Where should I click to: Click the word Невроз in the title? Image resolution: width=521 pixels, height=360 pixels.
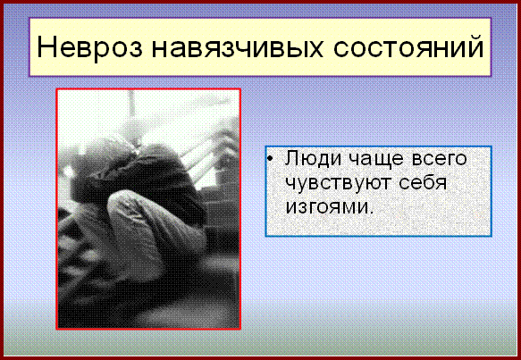(89, 46)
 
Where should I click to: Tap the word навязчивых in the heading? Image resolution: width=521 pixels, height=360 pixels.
(237, 46)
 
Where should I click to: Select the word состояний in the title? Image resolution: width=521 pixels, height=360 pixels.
(408, 46)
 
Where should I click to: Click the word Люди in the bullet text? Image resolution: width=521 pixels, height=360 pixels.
(313, 158)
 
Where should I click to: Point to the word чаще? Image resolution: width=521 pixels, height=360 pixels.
(377, 159)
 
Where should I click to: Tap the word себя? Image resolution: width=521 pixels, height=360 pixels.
(423, 181)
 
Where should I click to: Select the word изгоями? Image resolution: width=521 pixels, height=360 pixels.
(327, 206)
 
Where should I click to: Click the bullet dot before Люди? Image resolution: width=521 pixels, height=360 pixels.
(270, 159)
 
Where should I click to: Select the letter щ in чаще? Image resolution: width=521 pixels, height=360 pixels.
(382, 161)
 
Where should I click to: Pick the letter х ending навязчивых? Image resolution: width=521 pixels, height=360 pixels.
(314, 49)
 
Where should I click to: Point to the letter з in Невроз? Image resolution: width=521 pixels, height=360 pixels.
(135, 49)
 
